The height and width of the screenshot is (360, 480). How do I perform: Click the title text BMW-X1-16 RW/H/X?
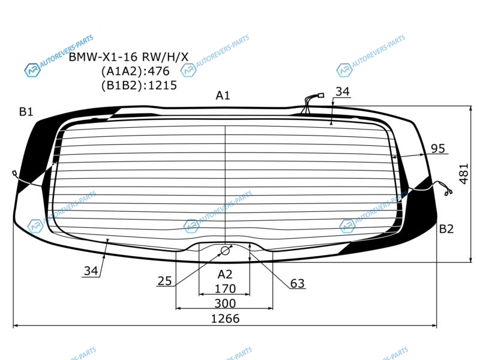[x=128, y=57]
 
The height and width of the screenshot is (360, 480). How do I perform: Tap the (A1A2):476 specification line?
[x=136, y=71]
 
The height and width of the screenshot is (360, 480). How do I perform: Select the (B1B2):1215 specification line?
[x=139, y=85]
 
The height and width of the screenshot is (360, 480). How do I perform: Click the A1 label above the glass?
[x=223, y=95]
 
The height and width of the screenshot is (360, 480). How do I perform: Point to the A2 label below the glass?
[x=225, y=274]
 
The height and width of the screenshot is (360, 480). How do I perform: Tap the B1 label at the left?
[x=26, y=112]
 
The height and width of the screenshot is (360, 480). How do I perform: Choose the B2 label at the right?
[x=446, y=229]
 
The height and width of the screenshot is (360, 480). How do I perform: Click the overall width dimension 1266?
[x=226, y=319]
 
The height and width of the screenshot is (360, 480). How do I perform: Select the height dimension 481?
[x=464, y=174]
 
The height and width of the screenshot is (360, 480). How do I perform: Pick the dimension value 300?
[x=225, y=304]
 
